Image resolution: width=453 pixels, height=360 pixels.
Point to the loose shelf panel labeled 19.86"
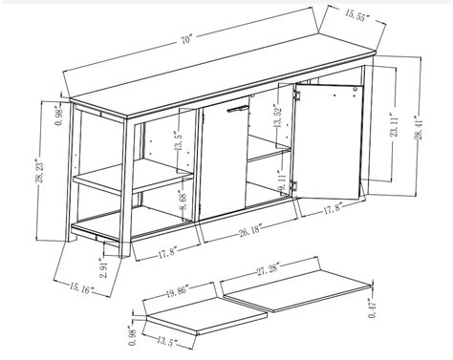187,310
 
